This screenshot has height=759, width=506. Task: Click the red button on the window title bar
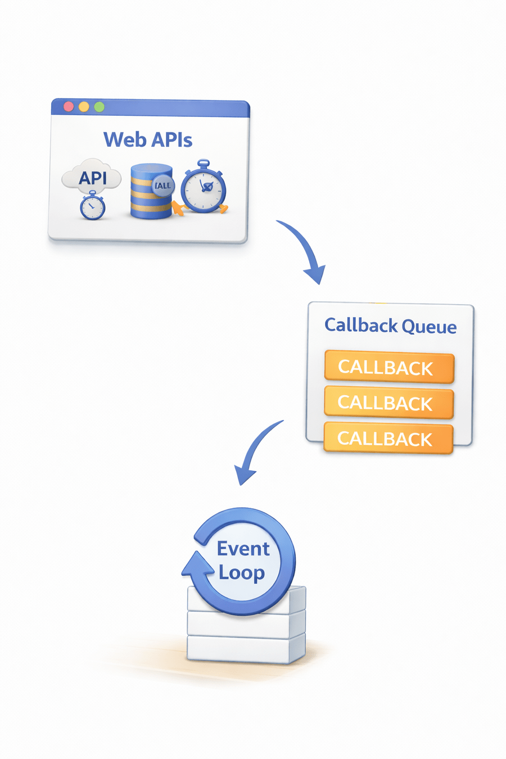tap(69, 106)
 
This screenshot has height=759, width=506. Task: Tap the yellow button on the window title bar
tap(84, 106)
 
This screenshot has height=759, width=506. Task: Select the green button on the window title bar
tap(99, 106)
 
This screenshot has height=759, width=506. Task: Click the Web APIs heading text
tap(148, 139)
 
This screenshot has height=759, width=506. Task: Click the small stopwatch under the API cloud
tap(92, 206)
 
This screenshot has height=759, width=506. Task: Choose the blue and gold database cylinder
tap(147, 194)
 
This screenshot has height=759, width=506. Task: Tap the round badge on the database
tap(163, 186)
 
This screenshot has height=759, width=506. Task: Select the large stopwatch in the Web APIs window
tap(204, 188)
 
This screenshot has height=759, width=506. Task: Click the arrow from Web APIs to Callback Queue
tap(304, 247)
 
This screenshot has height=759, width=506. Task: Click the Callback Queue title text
tap(390, 326)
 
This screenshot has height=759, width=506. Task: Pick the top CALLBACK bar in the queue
tap(388, 368)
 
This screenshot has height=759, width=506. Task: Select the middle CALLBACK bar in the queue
tap(388, 403)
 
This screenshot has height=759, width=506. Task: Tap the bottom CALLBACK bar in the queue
tap(388, 438)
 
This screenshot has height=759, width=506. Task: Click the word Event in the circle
tap(243, 548)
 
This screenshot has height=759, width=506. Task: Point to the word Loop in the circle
tap(242, 573)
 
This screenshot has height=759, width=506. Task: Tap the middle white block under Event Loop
tap(246, 624)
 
